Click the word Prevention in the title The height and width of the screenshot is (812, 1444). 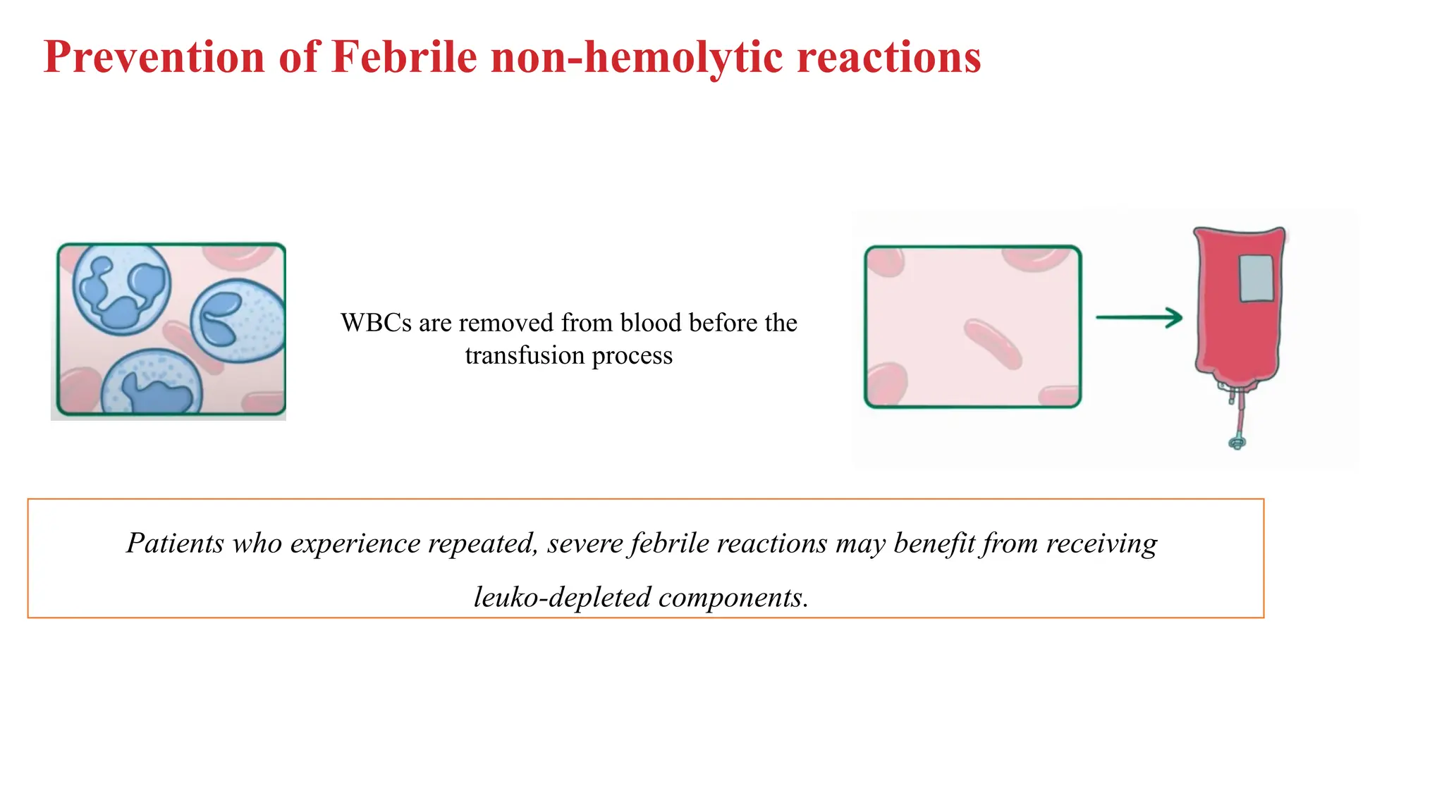pyautogui.click(x=154, y=56)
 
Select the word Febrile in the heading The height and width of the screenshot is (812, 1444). pyautogui.click(x=404, y=56)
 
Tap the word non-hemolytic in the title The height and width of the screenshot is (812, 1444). pyautogui.click(x=637, y=56)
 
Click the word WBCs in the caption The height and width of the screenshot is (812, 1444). pyautogui.click(x=376, y=323)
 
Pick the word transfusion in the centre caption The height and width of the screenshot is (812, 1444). pyautogui.click(x=525, y=355)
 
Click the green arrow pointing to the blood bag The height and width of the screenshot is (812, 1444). pyautogui.click(x=1139, y=318)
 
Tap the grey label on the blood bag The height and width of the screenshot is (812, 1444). pyautogui.click(x=1256, y=278)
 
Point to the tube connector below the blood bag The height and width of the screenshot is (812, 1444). pyautogui.click(x=1237, y=442)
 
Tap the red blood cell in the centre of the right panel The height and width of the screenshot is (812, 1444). pyautogui.click(x=992, y=343)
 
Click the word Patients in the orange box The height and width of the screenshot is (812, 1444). pyautogui.click(x=175, y=543)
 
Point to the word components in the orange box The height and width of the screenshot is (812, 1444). pyautogui.click(x=733, y=598)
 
